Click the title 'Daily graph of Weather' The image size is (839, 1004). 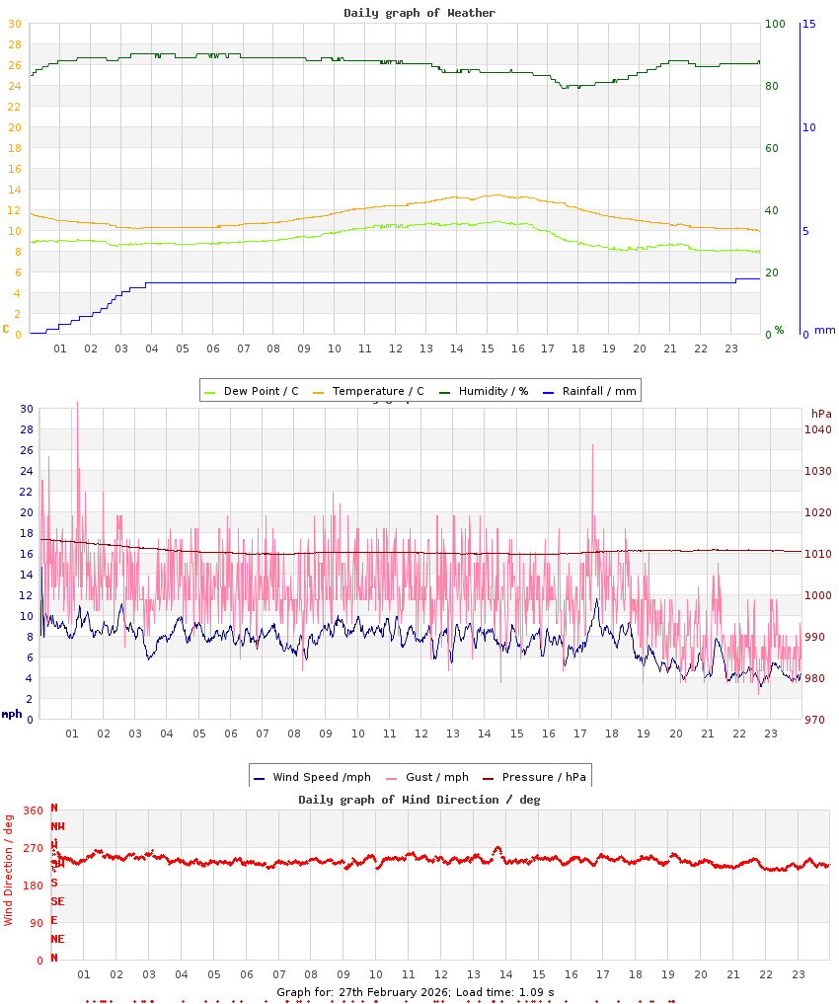(x=419, y=13)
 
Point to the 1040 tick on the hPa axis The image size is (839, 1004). (x=818, y=429)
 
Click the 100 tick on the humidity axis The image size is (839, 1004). (x=775, y=24)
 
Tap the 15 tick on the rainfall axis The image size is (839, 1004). (x=808, y=24)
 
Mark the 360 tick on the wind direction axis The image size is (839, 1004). (x=33, y=811)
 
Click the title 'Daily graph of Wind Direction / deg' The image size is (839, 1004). (x=419, y=800)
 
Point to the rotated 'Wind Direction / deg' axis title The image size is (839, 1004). (x=9, y=869)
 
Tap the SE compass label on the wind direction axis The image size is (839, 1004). (x=57, y=901)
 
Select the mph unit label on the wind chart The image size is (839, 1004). (x=11, y=713)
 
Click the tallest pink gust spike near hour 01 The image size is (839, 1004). (x=77, y=404)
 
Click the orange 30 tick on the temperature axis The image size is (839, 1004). (x=14, y=24)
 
